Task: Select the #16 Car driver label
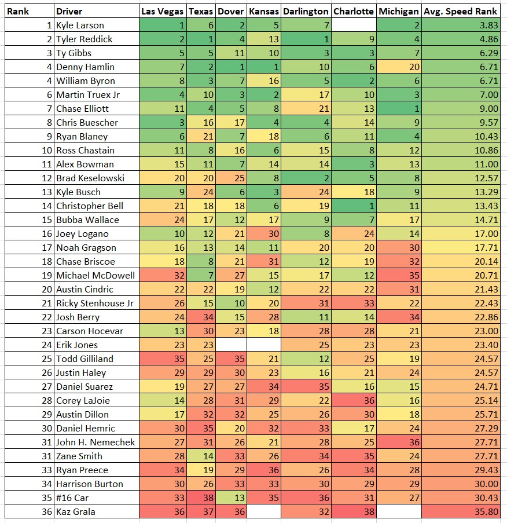tap(73, 498)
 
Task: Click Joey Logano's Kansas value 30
tap(264, 233)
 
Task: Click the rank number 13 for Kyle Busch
tap(29, 192)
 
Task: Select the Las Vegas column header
tap(163, 11)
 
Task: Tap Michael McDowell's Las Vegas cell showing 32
tap(163, 275)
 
